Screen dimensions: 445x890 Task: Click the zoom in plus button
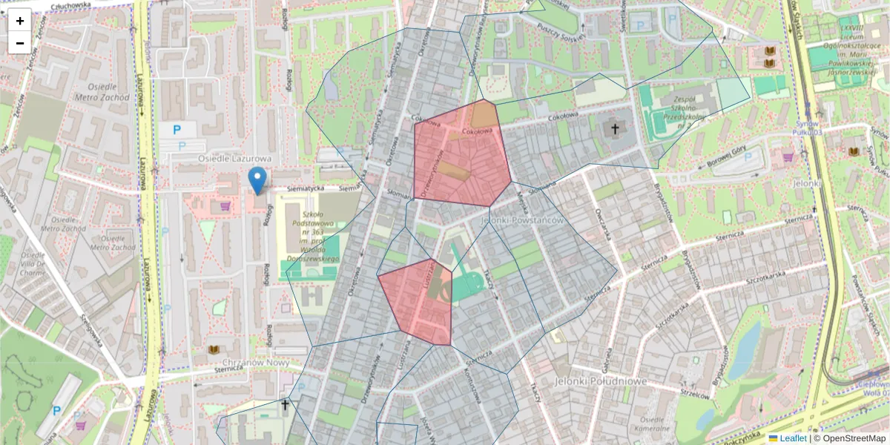point(20,20)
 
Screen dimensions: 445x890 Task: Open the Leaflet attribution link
point(791,438)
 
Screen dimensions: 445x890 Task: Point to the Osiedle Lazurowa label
point(234,159)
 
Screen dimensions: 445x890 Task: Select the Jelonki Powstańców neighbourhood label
point(522,220)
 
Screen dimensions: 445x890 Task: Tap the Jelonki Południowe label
point(600,380)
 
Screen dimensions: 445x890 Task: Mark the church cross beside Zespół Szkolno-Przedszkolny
point(614,130)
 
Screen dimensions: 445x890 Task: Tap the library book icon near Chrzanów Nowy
point(214,349)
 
